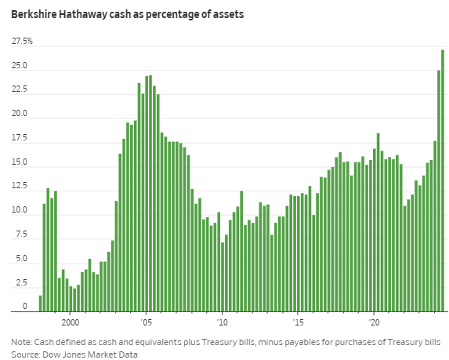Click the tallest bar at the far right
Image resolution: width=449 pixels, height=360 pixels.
[443, 180]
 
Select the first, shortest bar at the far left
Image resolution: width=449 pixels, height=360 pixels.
[41, 304]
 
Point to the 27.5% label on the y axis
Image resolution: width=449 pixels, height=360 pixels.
[22, 42]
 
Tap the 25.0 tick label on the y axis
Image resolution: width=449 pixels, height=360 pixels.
[20, 66]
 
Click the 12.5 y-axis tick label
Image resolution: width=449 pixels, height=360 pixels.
[20, 186]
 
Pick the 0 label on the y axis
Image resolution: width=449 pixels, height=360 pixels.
[24, 306]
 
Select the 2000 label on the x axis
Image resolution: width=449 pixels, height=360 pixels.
[71, 322]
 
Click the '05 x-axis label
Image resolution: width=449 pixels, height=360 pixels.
[146, 322]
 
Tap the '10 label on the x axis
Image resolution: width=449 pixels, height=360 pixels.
[222, 322]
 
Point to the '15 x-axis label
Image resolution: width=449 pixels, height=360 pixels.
[298, 322]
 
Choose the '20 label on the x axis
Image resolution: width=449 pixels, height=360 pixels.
[374, 322]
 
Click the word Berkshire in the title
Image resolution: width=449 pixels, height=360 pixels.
[34, 14]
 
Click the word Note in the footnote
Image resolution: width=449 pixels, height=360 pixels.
[21, 342]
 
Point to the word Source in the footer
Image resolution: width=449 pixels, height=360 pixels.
[25, 355]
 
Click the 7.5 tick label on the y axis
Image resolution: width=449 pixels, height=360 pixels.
[21, 235]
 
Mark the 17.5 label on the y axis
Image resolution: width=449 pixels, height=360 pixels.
[20, 138]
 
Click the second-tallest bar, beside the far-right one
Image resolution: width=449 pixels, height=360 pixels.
[439, 191]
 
